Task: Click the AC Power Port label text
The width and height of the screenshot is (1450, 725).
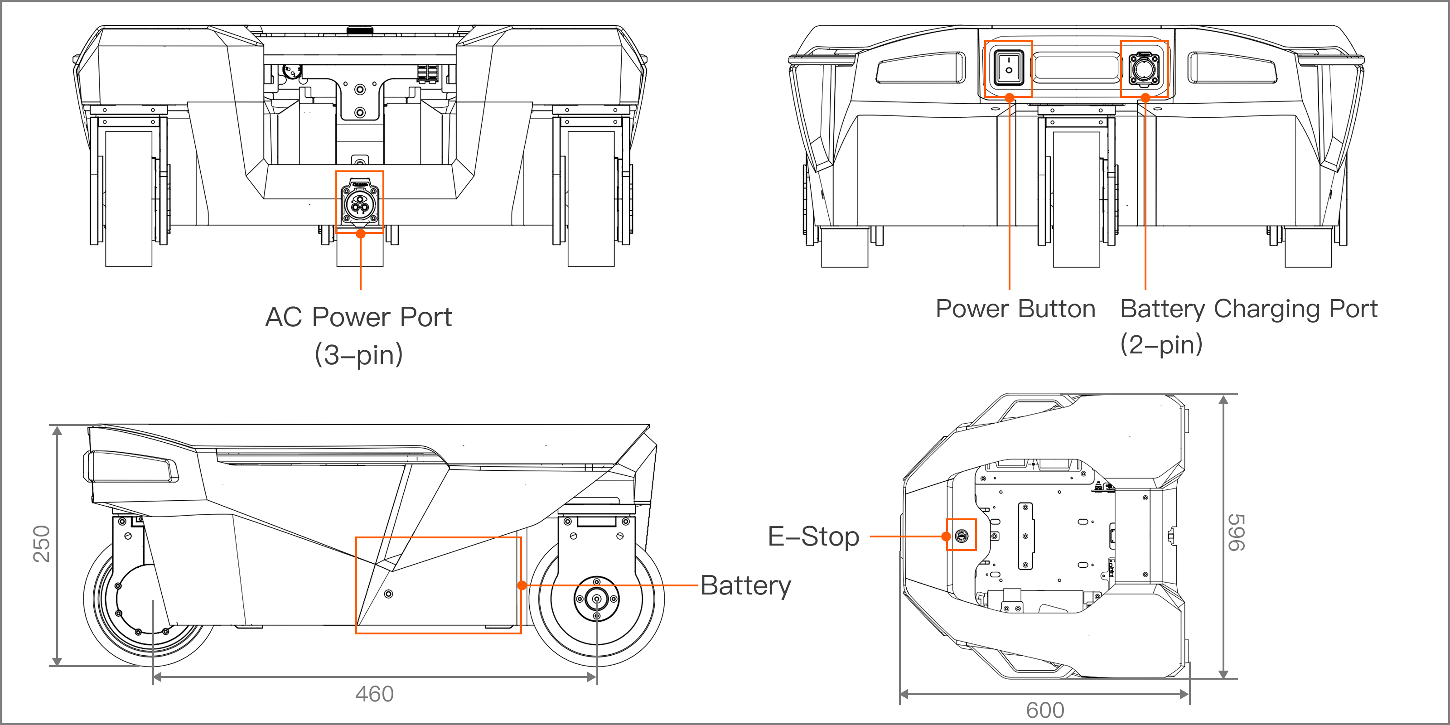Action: (x=358, y=317)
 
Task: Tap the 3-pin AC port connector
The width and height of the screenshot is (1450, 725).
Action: (x=360, y=203)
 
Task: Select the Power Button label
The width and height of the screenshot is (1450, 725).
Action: (x=1015, y=309)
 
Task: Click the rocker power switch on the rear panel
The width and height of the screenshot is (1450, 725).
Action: (x=1008, y=68)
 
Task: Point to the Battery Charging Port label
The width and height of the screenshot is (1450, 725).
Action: (x=1248, y=309)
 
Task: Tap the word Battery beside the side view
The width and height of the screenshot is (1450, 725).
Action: (x=745, y=585)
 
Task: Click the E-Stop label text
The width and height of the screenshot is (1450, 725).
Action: (x=813, y=536)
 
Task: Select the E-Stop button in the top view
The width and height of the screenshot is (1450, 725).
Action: (x=961, y=535)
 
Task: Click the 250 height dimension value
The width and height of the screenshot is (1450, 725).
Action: (x=42, y=544)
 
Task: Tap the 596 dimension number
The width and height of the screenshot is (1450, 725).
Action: (x=1237, y=532)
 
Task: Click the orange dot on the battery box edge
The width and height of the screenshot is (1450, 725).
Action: (x=522, y=585)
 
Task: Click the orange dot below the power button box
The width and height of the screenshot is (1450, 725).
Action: (x=1009, y=98)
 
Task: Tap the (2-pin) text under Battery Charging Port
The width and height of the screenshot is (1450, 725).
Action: (x=1161, y=344)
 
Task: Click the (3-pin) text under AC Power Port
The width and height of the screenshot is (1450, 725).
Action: (x=358, y=355)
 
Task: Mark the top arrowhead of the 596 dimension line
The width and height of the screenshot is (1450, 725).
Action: (x=1223, y=400)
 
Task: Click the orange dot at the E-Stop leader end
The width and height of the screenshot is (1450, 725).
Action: (x=946, y=536)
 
